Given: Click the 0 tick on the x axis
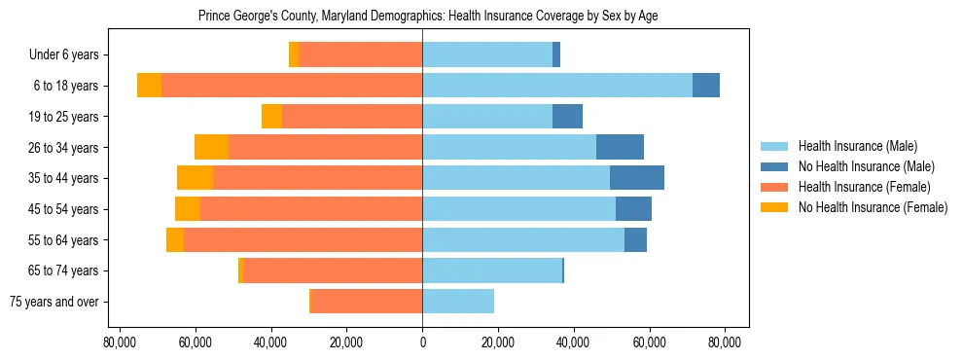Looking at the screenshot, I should [x=422, y=342].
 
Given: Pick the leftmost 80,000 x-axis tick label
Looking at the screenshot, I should [x=120, y=342].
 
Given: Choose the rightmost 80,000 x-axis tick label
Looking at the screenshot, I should [x=725, y=342].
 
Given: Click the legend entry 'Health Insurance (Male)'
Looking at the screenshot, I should [x=857, y=146].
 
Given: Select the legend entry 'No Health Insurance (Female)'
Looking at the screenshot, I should [x=873, y=207].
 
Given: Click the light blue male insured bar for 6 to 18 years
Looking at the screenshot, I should [x=556, y=86].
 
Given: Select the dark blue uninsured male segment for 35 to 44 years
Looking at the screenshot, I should [x=637, y=178].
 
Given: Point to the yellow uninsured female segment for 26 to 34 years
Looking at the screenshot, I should [x=211, y=147].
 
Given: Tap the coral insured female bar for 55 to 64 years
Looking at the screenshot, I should [x=303, y=239].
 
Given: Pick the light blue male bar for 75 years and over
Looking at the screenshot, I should [x=458, y=302].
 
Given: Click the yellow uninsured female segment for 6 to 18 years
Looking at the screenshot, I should [x=149, y=86].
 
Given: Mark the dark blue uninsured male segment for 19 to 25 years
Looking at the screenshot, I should [x=567, y=117].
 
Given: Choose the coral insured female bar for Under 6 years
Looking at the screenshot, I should [x=360, y=54].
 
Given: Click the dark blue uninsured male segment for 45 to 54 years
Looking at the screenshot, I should [x=633, y=209].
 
